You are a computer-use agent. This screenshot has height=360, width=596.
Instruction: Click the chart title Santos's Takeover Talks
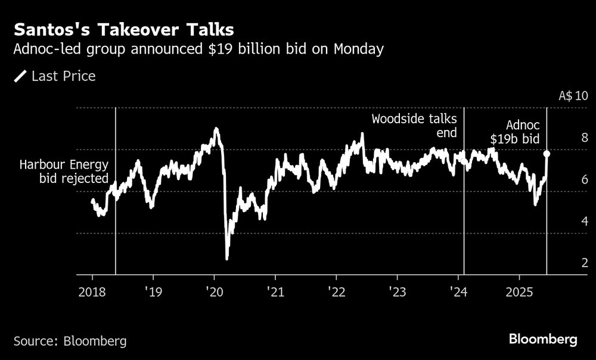tap(124, 29)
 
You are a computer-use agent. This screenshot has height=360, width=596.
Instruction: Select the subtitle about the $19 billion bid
tap(198, 49)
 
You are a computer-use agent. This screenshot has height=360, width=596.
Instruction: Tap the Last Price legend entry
tap(55, 76)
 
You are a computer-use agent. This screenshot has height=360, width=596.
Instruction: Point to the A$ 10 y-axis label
tap(573, 96)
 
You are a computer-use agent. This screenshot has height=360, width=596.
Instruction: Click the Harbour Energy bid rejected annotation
tap(64, 172)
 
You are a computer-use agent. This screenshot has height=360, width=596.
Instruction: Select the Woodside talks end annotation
tap(414, 126)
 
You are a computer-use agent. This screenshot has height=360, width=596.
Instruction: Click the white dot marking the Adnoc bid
tap(547, 154)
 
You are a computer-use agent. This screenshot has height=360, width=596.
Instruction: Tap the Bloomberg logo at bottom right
tap(543, 340)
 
